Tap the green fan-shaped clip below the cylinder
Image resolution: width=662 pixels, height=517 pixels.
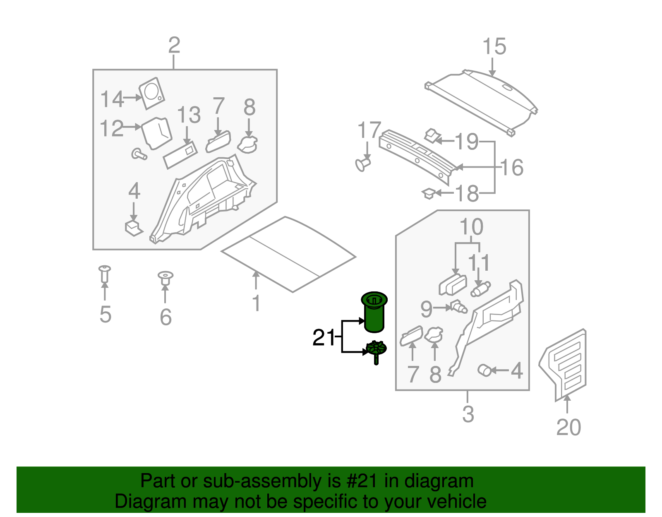coord(376,350)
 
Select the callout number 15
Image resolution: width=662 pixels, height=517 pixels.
coord(494,46)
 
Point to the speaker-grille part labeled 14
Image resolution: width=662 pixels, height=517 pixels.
coord(151,94)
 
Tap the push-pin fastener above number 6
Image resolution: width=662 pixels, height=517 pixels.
coord(165,278)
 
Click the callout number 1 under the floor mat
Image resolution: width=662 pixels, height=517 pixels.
coord(257,303)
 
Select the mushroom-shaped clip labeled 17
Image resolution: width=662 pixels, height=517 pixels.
coord(363,164)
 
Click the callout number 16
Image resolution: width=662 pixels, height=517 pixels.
coord(512,168)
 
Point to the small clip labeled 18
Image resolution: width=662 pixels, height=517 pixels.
coord(429,193)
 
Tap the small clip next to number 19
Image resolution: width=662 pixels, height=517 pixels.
coord(432,135)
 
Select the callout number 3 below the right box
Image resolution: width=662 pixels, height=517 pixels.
coord(468,414)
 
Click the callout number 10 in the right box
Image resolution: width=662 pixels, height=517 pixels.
coord(471,227)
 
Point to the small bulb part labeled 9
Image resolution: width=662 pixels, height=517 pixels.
coord(458,307)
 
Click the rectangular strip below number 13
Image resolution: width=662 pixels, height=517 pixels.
coord(180,155)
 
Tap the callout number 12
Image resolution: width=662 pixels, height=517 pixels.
coord(112,129)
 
